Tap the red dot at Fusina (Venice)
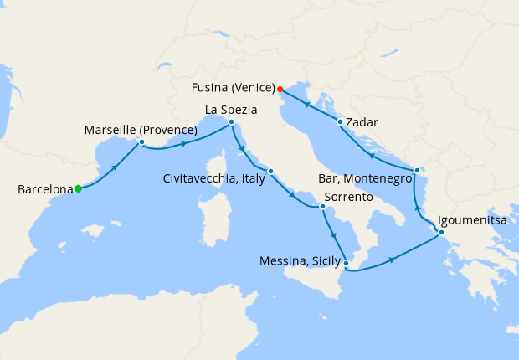(280, 89)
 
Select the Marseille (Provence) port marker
(141, 142)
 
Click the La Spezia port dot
(231, 122)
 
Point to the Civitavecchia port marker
(270, 172)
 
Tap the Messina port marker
(347, 263)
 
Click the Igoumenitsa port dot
(441, 232)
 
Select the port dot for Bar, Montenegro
(416, 171)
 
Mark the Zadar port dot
(339, 122)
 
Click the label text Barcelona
(45, 190)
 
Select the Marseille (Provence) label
(141, 130)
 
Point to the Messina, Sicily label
(297, 262)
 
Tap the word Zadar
(362, 122)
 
